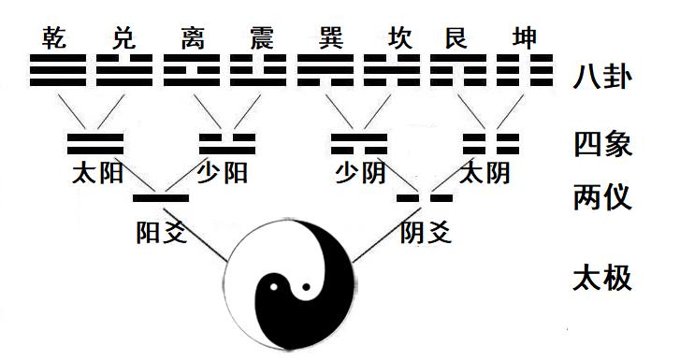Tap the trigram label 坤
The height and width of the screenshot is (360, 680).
522,39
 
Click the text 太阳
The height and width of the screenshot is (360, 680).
96,173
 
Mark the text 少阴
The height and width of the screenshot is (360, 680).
360,173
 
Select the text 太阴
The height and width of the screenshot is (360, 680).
486,173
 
